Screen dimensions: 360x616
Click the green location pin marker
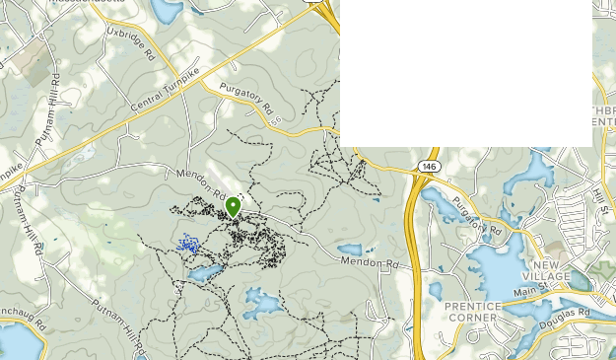pyautogui.click(x=233, y=207)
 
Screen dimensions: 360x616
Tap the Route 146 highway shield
pyautogui.click(x=427, y=167)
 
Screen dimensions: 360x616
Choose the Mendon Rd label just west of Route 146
pyautogui.click(x=368, y=263)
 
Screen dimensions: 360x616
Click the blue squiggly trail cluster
pyautogui.click(x=188, y=243)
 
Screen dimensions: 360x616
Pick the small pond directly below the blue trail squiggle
pyautogui.click(x=204, y=271)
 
